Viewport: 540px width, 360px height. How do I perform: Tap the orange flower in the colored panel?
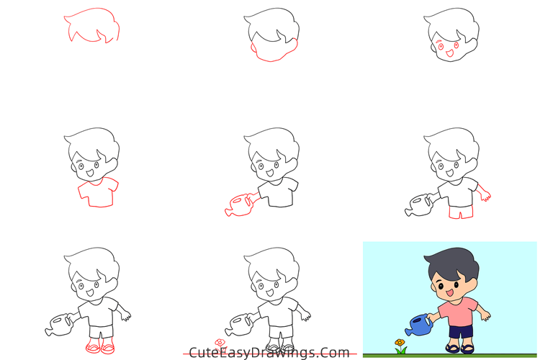pos(400,343)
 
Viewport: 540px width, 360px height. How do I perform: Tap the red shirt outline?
pos(96,193)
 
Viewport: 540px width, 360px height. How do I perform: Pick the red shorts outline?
pos(458,212)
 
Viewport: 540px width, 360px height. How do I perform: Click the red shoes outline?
pos(97,347)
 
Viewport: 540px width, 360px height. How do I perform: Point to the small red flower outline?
pos(220,343)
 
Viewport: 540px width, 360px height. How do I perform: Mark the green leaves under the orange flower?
pos(400,351)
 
